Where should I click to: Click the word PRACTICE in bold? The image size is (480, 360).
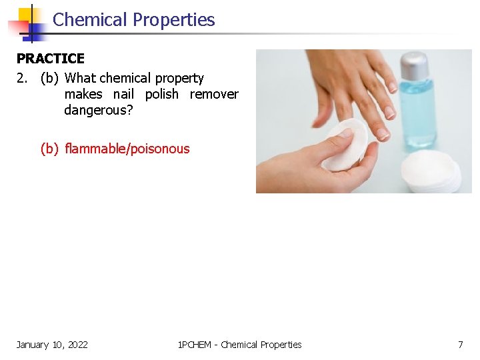click(x=51, y=59)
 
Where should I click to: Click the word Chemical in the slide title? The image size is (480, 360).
click(x=90, y=20)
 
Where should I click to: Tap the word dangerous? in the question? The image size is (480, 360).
click(x=99, y=110)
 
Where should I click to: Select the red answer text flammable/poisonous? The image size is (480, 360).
click(x=127, y=149)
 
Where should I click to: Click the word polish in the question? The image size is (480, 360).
click(x=162, y=94)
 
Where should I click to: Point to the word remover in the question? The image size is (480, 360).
click(x=214, y=94)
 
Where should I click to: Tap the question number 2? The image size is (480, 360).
click(x=22, y=79)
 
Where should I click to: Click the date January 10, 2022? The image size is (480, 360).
click(x=52, y=345)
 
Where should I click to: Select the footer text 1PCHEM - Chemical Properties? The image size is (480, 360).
click(x=240, y=345)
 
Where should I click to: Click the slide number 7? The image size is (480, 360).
click(x=460, y=345)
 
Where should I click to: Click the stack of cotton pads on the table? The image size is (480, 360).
click(x=431, y=172)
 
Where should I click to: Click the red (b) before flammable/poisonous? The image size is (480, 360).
click(x=49, y=149)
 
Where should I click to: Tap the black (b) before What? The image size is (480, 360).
click(x=49, y=79)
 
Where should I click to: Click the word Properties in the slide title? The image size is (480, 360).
click(x=174, y=20)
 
